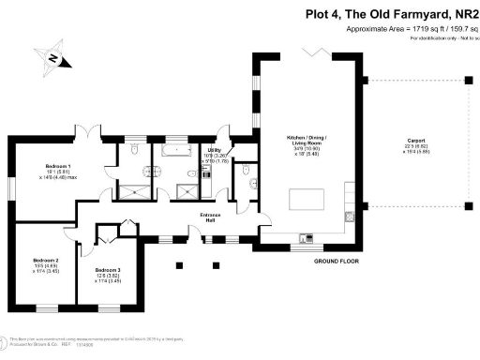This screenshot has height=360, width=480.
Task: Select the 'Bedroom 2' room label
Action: [46, 260]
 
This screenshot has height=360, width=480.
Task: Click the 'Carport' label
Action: [415, 140]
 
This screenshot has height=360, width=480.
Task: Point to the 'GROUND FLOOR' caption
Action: [336, 260]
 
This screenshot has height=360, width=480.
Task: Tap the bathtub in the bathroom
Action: [175, 149]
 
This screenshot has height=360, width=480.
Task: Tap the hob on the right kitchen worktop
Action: [349, 216]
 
